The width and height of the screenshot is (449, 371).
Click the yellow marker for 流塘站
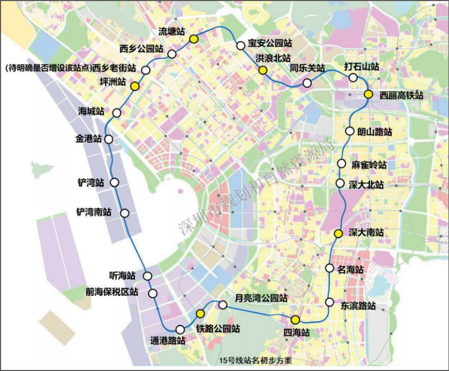pyautogui.click(x=194, y=39)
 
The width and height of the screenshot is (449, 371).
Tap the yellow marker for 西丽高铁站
pyautogui.click(x=369, y=94)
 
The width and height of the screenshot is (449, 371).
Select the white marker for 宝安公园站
pyautogui.click(x=241, y=45)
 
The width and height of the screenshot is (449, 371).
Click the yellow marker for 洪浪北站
pyautogui.click(x=262, y=69)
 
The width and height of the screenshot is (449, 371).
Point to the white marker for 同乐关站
pyautogui.click(x=307, y=83)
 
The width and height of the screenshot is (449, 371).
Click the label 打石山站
pyautogui.click(x=362, y=67)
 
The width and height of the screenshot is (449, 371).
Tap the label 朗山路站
pyautogui.click(x=374, y=132)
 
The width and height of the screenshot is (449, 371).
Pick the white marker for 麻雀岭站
pyautogui.click(x=342, y=164)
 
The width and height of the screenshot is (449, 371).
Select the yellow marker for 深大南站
pyautogui.click(x=338, y=233)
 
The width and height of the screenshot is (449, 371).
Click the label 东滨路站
pyautogui.click(x=358, y=306)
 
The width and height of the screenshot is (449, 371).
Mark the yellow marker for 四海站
pyautogui.click(x=295, y=319)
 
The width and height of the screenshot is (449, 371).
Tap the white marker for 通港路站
pyautogui.click(x=181, y=329)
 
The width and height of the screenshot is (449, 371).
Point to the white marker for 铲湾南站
pyautogui.click(x=125, y=213)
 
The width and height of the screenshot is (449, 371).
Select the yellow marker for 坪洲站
pyautogui.click(x=135, y=86)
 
